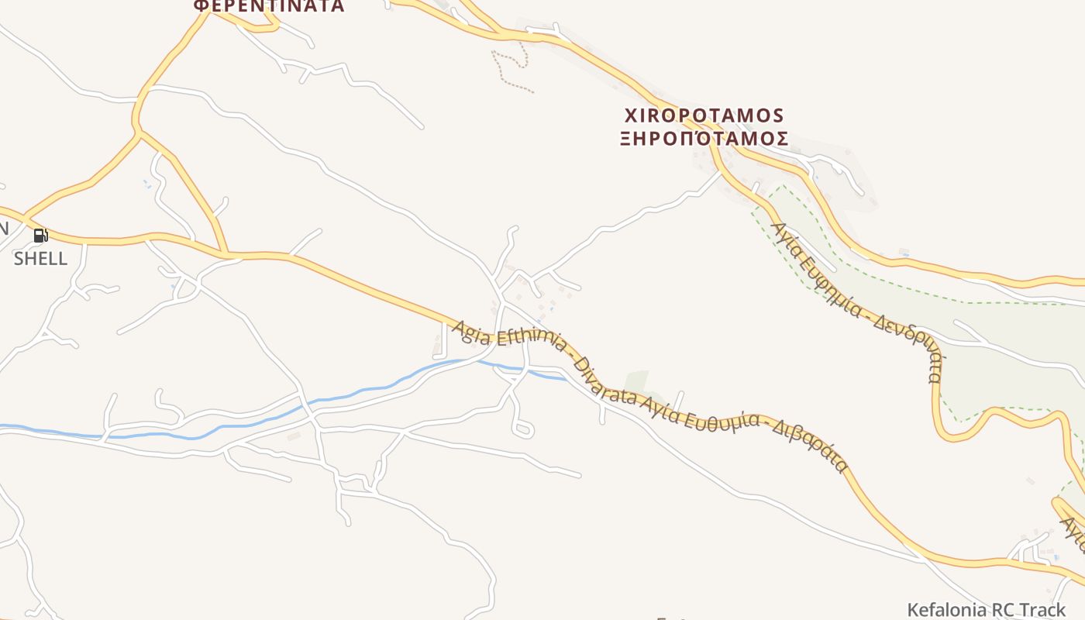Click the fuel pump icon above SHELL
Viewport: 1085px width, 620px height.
[40, 236]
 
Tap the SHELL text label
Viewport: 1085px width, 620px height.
[40, 259]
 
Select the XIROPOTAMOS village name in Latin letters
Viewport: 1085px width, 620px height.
[704, 116]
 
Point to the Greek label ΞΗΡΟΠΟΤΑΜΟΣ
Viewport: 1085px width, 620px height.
[704, 139]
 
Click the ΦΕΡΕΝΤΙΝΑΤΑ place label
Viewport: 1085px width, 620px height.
[268, 6]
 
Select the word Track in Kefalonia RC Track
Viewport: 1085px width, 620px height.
[1042, 609]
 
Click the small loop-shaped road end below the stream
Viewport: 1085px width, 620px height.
[523, 429]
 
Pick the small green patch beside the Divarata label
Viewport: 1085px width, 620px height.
[636, 381]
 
